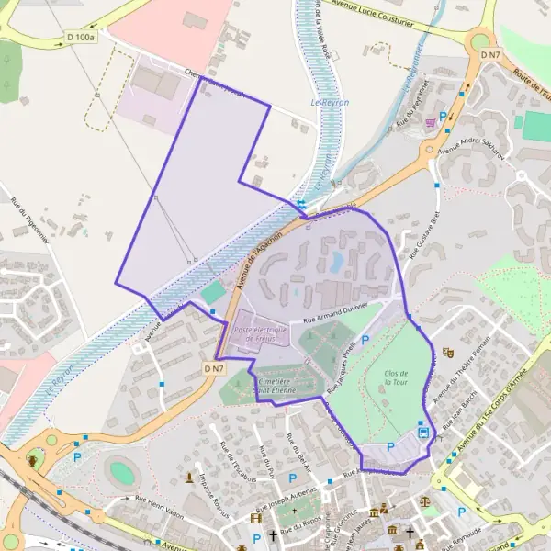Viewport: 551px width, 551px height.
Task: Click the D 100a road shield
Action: pyautogui.click(x=81, y=37)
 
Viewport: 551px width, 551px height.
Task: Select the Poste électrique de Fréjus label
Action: pyautogui.click(x=261, y=334)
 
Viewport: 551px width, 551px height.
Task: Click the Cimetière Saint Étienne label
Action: pyautogui.click(x=275, y=386)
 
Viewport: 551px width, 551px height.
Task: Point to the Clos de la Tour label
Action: pyautogui.click(x=396, y=377)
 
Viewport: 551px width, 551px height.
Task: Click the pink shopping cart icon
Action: pyautogui.click(x=429, y=120)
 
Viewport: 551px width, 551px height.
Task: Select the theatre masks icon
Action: pyautogui.click(x=448, y=352)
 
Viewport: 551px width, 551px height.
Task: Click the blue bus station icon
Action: pyautogui.click(x=423, y=431)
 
